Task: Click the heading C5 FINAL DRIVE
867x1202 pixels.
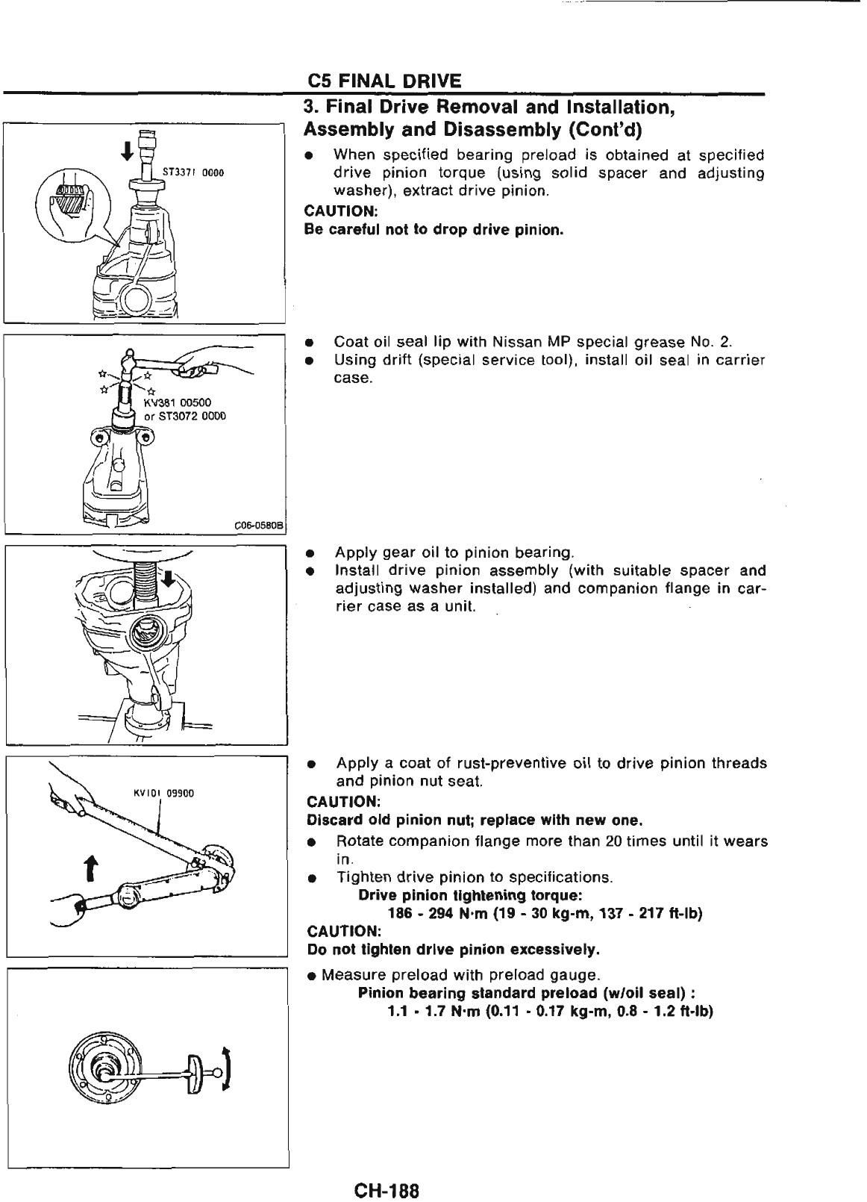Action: coord(385,81)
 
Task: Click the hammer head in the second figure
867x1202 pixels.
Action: coord(132,361)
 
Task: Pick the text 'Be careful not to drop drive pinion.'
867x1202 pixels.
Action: coord(433,230)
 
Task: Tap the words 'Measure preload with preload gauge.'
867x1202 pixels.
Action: coord(460,975)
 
